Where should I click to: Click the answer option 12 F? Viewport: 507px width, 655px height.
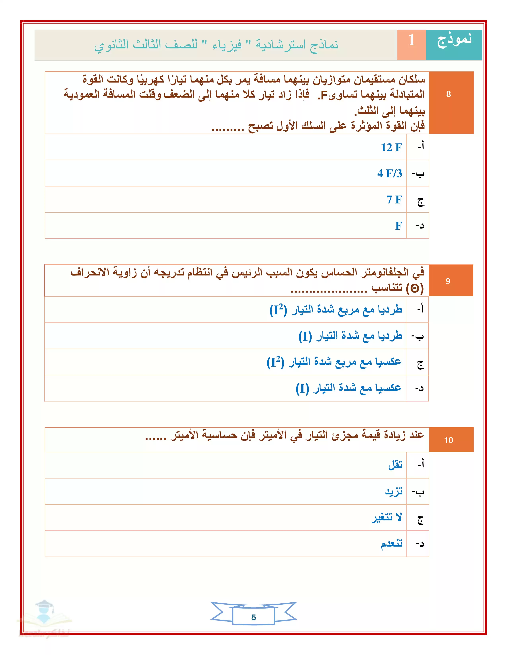(x=391, y=147)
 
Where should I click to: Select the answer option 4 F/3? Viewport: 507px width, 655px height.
(x=389, y=173)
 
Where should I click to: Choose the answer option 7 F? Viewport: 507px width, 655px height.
(x=394, y=199)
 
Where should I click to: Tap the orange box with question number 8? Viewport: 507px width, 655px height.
(x=448, y=94)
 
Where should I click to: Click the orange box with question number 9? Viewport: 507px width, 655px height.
(x=448, y=281)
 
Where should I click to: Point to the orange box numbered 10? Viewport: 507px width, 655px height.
(x=448, y=440)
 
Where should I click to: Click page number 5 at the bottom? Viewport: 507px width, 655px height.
(x=253, y=617)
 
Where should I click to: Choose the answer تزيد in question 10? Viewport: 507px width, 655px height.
(x=394, y=492)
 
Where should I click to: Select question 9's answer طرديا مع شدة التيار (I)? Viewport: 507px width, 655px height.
(x=350, y=336)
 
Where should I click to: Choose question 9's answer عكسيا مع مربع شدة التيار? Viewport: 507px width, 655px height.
(x=334, y=362)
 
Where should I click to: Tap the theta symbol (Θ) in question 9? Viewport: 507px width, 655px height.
(x=415, y=289)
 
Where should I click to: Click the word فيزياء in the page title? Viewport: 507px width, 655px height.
(x=227, y=45)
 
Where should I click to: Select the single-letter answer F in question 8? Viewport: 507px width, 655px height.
(x=399, y=225)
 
